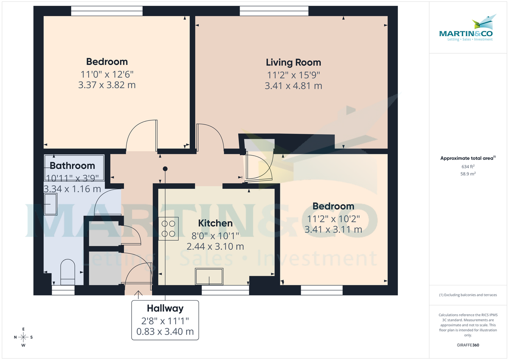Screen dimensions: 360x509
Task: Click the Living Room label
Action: point(293,62)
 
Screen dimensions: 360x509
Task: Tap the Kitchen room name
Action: point(215,223)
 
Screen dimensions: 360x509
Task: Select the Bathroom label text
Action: point(72,165)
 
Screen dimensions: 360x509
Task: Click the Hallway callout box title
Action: point(165,308)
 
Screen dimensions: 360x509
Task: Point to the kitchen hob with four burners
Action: point(168,229)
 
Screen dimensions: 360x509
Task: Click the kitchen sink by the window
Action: point(209,276)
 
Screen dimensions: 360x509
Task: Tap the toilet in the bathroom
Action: point(67,272)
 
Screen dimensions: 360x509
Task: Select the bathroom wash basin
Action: point(51,204)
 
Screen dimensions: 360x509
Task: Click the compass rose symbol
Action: point(23,337)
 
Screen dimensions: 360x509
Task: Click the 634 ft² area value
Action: point(468,166)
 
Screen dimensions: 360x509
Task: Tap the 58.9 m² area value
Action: point(468,174)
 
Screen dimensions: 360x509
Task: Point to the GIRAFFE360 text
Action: point(468,345)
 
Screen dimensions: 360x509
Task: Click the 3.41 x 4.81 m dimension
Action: point(293,86)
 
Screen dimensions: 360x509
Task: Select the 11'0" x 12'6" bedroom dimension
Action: point(107,74)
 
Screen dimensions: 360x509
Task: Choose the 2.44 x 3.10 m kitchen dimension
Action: point(215,246)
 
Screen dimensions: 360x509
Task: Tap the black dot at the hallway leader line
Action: point(165,169)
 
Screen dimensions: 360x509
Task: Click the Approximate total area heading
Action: point(467,158)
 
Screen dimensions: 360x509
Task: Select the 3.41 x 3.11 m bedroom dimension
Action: point(333,229)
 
